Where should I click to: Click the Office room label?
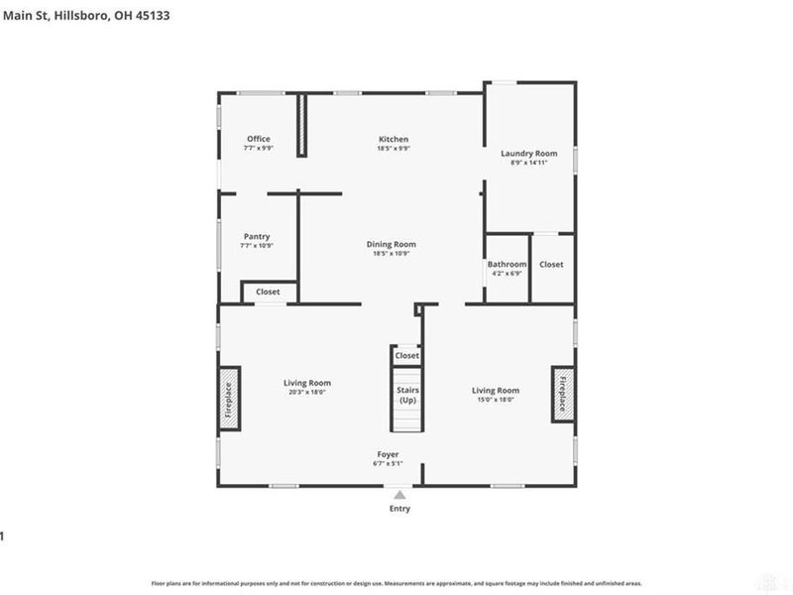point(259,139)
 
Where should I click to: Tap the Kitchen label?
point(394,139)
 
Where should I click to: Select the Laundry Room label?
point(529,154)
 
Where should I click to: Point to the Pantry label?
point(257,237)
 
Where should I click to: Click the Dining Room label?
point(392,244)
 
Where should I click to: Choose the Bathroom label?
point(507,265)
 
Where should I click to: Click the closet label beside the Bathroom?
point(551,265)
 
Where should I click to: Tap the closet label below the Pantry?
point(268,293)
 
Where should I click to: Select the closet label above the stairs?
point(407,355)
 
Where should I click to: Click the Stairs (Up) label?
point(407,395)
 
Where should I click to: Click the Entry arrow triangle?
point(399,494)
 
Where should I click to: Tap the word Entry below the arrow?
point(399,509)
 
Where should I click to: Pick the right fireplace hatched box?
point(562,394)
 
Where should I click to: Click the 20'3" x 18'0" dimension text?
point(306,393)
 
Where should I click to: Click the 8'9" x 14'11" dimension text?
point(529,163)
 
